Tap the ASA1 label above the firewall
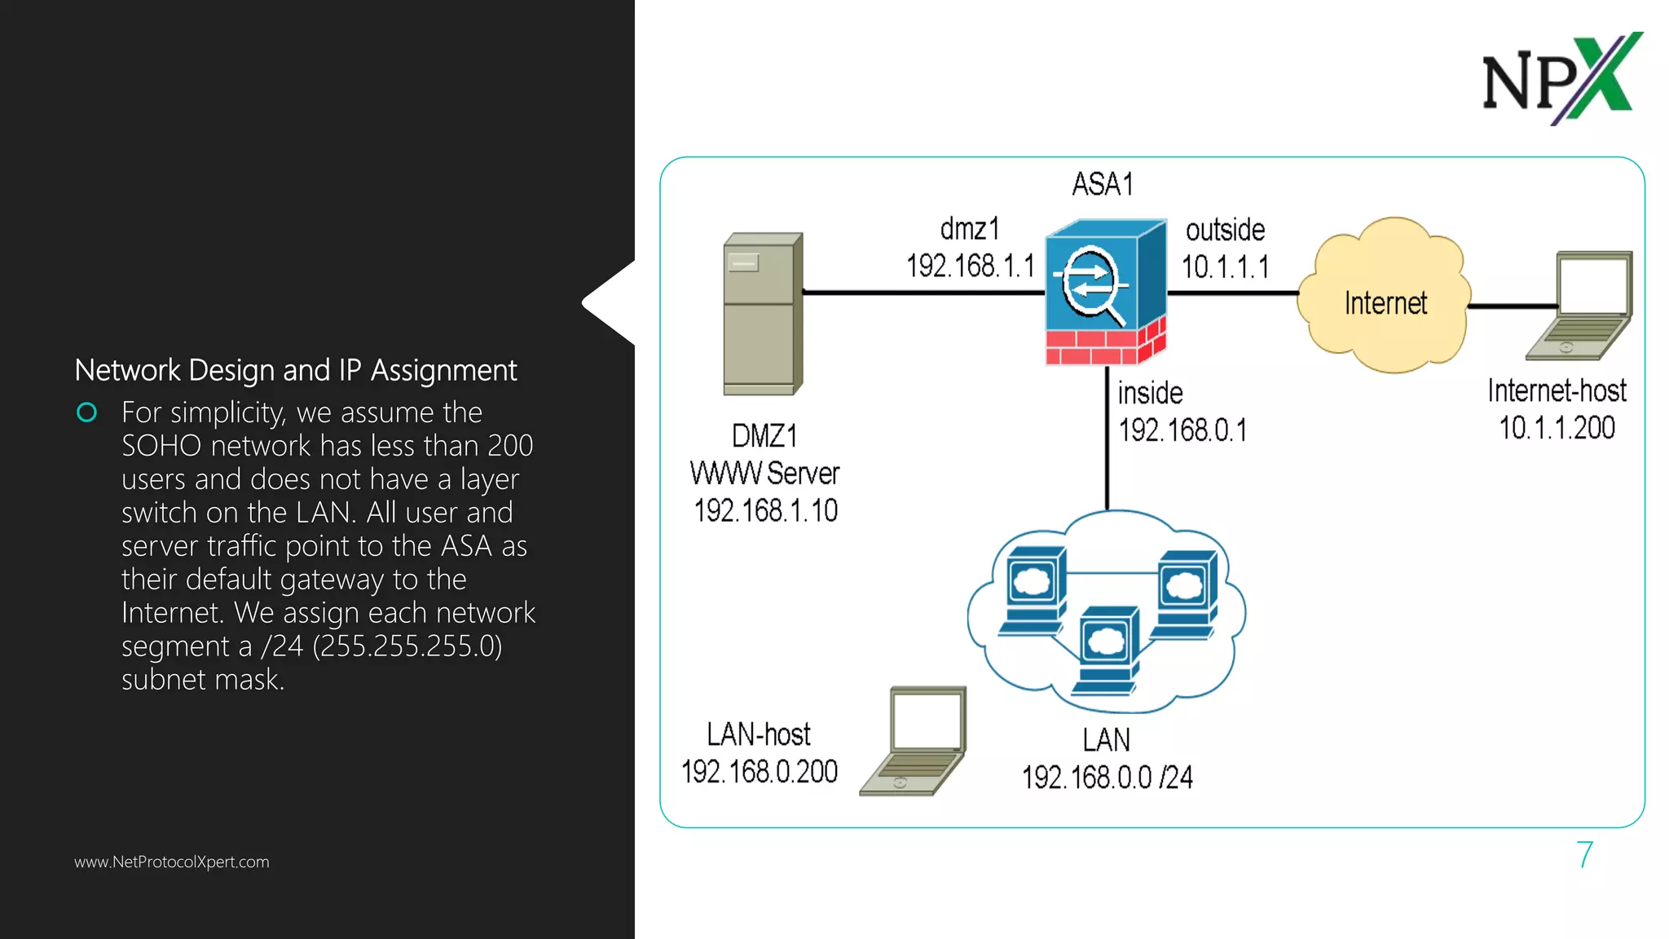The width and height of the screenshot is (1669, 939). (1102, 184)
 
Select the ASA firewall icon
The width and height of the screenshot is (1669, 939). (1105, 292)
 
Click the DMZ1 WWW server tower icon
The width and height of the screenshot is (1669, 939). (762, 314)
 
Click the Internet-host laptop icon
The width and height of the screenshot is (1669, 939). (1583, 306)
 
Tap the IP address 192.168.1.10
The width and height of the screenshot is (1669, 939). (765, 511)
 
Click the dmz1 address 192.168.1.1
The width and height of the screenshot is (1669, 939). (970, 266)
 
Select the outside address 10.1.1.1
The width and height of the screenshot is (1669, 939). (1225, 267)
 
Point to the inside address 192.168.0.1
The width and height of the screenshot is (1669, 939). (1182, 430)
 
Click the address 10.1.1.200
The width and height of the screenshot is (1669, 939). (1557, 428)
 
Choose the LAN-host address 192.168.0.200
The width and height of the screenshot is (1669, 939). (759, 771)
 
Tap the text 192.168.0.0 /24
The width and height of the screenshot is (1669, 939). (1107, 777)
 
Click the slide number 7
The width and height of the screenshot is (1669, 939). (1584, 855)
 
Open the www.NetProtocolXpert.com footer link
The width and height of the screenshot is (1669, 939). (171, 862)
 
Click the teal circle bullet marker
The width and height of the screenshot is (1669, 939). (86, 412)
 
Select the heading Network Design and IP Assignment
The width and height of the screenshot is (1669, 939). (295, 370)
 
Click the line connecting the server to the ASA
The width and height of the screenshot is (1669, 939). (921, 292)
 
